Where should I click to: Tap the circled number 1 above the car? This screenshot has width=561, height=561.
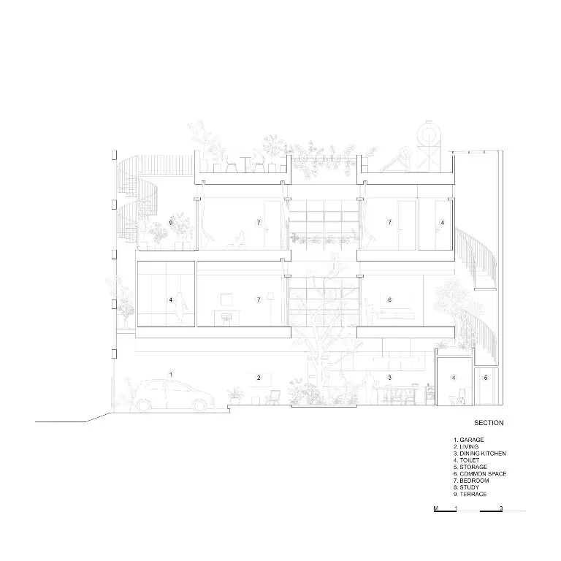171,374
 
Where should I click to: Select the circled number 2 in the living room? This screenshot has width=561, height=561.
259,378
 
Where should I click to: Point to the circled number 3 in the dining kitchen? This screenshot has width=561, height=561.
389,378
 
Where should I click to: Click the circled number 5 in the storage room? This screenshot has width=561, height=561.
486,378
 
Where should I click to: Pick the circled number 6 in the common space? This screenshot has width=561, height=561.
389,299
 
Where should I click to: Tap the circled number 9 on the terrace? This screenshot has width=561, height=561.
171,223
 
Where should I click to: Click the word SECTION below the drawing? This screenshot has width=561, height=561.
489,422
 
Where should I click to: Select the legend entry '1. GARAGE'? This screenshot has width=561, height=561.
469,440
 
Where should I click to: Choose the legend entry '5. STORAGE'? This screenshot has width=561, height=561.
470,467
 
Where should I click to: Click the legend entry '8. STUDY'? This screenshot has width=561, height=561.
466,487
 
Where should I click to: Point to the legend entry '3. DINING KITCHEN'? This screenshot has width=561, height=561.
480,454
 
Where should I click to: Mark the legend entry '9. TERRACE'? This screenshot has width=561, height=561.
470,494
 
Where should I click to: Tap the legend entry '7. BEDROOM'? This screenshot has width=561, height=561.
471,481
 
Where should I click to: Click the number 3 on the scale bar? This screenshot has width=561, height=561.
501,508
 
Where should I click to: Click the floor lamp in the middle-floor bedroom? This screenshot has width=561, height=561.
270,309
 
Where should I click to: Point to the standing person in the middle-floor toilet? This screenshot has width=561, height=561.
180,309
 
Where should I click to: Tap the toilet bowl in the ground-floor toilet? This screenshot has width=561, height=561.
456,400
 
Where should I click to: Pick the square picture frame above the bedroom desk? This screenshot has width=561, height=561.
226,299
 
